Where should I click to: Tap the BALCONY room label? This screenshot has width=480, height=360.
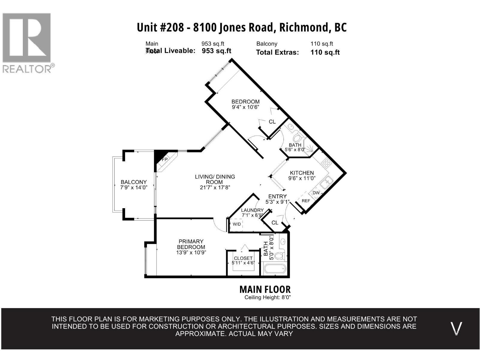(x=133, y=182)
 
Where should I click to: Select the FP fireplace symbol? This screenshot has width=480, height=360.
(x=164, y=160)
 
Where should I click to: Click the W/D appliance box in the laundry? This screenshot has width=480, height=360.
(x=236, y=224)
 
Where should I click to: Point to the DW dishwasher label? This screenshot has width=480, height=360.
(x=316, y=193)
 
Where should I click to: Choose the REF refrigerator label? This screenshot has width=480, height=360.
(x=306, y=201)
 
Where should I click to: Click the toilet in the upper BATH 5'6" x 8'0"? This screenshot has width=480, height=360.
(x=298, y=138)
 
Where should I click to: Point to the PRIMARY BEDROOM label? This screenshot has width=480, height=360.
(x=191, y=244)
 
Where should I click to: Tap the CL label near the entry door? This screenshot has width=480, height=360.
(x=275, y=223)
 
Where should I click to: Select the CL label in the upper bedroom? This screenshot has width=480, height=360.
(x=272, y=122)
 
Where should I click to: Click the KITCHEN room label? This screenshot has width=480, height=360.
(x=302, y=173)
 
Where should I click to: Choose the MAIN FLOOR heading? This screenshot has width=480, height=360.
(x=265, y=289)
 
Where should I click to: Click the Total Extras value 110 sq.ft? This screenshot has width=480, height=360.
(x=325, y=52)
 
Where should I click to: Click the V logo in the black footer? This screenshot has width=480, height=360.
(x=456, y=328)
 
